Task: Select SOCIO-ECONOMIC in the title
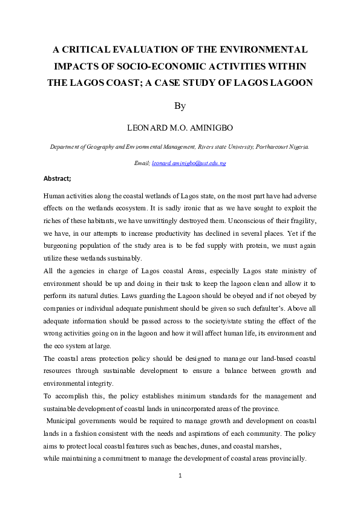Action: click(x=188, y=66)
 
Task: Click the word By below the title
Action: click(x=180, y=106)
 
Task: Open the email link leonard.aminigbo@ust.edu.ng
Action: click(x=189, y=163)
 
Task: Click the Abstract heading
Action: click(x=57, y=178)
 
